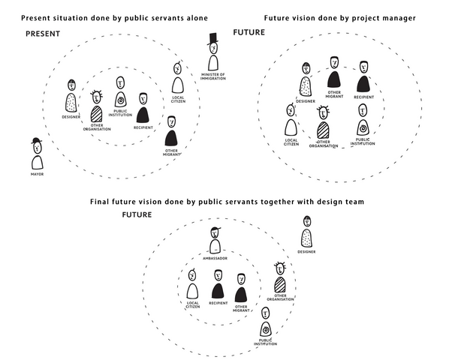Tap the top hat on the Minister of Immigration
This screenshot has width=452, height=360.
tap(213, 40)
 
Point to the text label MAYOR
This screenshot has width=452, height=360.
tap(37, 174)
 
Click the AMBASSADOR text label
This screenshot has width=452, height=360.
tap(215, 258)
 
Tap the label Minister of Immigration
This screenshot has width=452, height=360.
tap(213, 77)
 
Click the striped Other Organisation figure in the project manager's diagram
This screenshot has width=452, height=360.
tap(324, 124)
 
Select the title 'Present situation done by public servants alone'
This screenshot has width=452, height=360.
tap(107, 16)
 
